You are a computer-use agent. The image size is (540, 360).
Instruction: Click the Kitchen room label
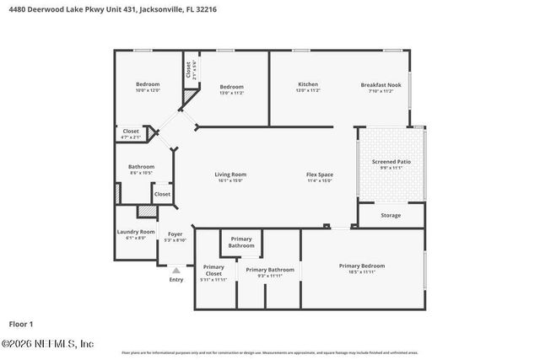click(307, 84)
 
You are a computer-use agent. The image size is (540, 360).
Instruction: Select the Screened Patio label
click(391, 161)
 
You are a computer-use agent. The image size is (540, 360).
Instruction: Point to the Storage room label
click(391, 215)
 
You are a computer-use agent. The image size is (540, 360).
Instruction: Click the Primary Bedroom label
click(361, 266)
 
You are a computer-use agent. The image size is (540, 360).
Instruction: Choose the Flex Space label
click(319, 175)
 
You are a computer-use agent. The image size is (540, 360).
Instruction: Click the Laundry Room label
click(136, 232)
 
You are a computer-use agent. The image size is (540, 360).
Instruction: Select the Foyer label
click(175, 234)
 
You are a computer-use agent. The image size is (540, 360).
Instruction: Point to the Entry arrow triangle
click(175, 270)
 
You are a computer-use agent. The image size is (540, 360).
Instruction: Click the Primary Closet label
click(213, 271)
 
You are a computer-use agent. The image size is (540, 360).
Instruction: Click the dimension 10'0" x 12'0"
click(148, 90)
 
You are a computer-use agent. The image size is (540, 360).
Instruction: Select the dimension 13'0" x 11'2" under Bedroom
click(231, 93)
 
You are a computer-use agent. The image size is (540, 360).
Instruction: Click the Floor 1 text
click(20, 323)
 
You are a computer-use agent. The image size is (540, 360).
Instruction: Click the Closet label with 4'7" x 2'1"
click(131, 132)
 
